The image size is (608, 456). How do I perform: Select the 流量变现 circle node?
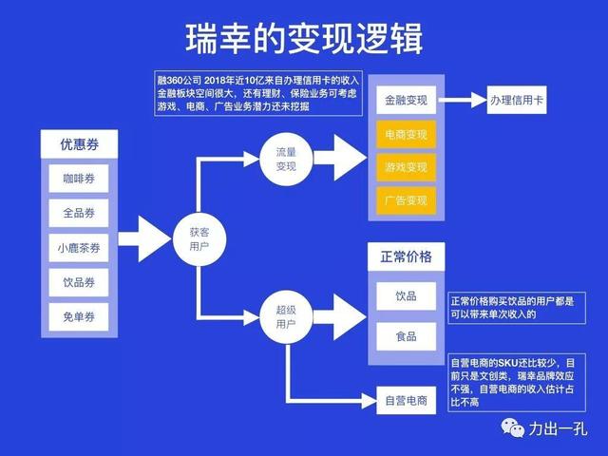point(286,159)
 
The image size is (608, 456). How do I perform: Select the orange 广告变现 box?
point(406,200)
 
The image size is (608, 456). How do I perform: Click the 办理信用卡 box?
point(519,99)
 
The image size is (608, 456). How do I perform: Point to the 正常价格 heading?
point(406,257)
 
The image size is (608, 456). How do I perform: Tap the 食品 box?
point(406,336)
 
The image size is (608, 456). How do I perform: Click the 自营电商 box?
point(406,400)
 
